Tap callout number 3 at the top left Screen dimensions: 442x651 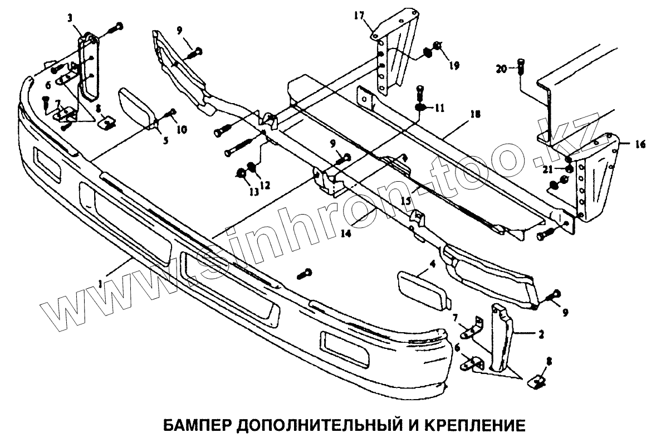70,18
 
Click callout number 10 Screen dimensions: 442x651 182,129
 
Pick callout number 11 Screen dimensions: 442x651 440,108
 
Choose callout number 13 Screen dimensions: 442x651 254,192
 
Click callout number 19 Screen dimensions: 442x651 454,65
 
